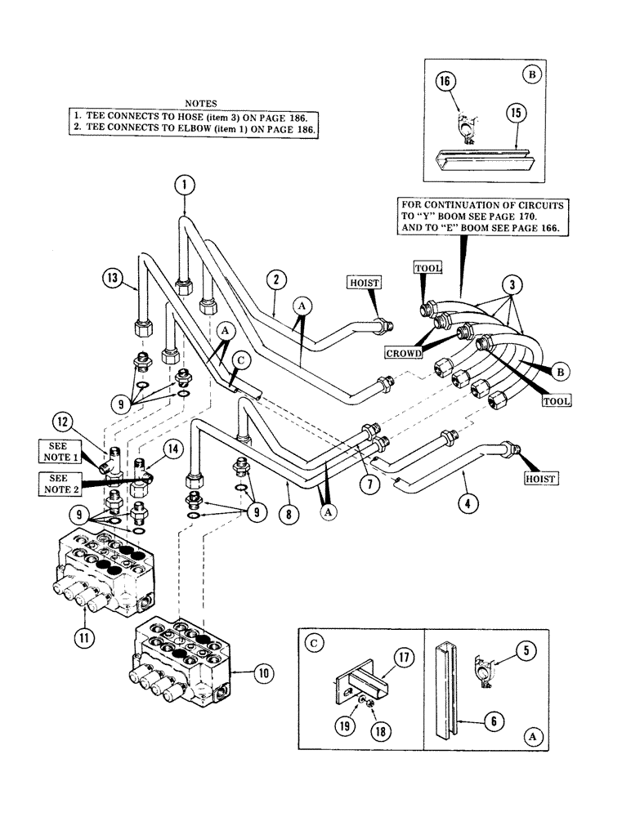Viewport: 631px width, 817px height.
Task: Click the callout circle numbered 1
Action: (x=185, y=185)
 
